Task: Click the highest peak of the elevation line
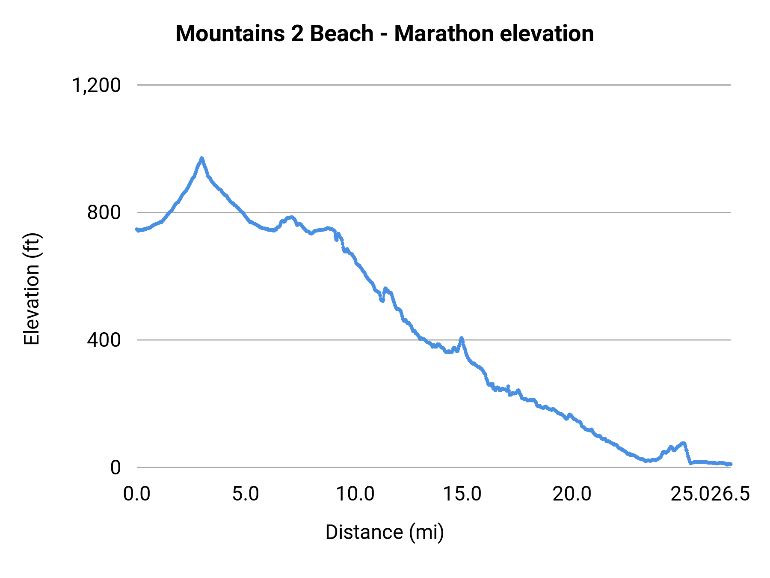pos(201,159)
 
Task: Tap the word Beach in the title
pos(341,33)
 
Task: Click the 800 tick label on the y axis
pos(104,212)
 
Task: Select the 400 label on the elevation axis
pos(104,340)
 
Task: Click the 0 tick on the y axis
pos(115,468)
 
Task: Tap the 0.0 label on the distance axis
pos(137,494)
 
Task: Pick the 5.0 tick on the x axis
pos(246,494)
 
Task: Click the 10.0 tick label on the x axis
pos(355,494)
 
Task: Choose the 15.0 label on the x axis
pos(462,494)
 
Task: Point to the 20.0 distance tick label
pos(572,494)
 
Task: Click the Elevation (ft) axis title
pos(32,289)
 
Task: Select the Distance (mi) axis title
pos(385,532)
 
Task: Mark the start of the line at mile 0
pos(137,229)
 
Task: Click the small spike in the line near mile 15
pos(461,339)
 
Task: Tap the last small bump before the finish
pos(683,444)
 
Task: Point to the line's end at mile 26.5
pos(730,464)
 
